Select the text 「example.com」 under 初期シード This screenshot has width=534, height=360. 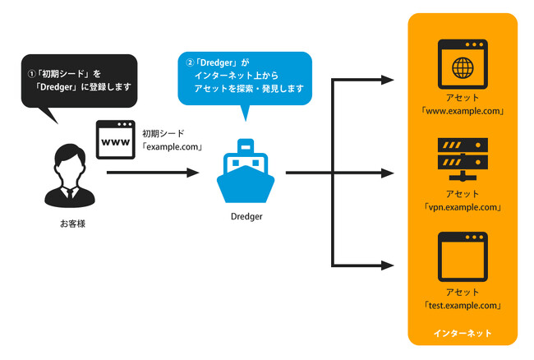point(172,147)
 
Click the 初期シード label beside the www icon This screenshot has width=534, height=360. point(163,132)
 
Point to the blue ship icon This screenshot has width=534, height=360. point(245,173)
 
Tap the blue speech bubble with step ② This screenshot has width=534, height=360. point(246,78)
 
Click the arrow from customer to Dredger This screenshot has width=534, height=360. point(153,173)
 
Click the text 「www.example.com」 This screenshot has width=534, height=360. point(463,111)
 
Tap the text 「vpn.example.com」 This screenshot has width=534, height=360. point(463,208)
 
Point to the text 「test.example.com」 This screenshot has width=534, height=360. point(463,305)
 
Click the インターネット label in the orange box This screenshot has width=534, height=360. point(463,333)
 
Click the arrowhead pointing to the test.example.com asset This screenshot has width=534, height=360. point(389,265)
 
